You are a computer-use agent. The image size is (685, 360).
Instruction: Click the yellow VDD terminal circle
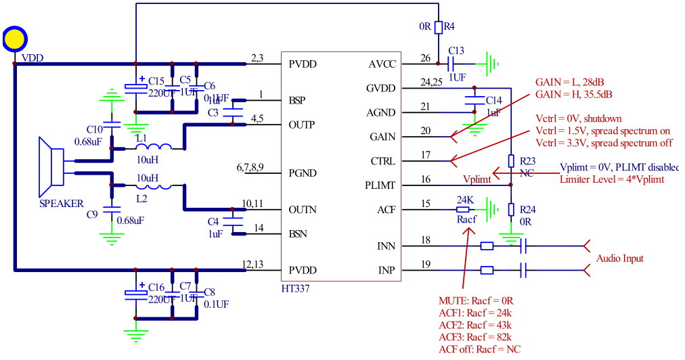click(x=14, y=39)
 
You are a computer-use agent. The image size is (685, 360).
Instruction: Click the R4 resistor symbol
click(x=439, y=27)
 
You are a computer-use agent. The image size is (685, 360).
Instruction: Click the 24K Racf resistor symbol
click(x=466, y=210)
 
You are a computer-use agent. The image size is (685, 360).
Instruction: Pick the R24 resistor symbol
click(x=512, y=210)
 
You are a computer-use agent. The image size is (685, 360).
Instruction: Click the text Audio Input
click(x=619, y=258)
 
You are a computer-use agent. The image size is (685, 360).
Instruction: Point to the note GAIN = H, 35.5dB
click(x=574, y=94)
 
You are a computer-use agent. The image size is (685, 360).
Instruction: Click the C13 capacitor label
click(x=456, y=51)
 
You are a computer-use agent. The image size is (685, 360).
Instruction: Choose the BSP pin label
click(x=297, y=100)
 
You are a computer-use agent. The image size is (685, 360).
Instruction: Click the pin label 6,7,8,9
click(x=251, y=167)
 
